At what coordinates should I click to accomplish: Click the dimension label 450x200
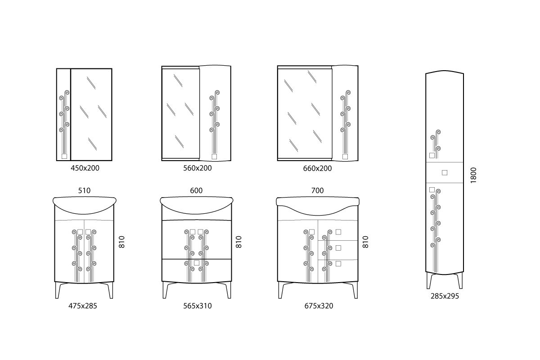click(x=85, y=168)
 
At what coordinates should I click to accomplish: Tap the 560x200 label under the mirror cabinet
click(x=198, y=168)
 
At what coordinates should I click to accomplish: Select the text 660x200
click(x=317, y=168)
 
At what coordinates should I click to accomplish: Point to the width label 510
click(x=85, y=191)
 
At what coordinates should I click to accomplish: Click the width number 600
click(x=196, y=190)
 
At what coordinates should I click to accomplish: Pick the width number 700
click(x=317, y=190)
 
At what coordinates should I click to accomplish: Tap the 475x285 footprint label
click(x=83, y=306)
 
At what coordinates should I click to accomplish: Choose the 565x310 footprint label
click(x=198, y=306)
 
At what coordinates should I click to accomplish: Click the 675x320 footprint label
click(x=319, y=306)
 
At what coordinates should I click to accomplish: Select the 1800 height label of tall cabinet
click(x=473, y=175)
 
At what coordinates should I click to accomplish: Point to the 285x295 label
click(x=445, y=296)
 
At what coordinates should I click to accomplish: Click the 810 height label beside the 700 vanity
click(x=365, y=242)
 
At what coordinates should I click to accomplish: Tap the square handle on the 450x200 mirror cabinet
click(x=64, y=156)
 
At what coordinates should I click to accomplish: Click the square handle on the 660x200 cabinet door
click(x=345, y=157)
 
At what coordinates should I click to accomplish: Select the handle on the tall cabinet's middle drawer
click(x=445, y=173)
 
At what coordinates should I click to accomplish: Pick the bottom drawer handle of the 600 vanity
click(x=197, y=263)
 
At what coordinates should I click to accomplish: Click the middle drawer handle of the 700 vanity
click(x=338, y=248)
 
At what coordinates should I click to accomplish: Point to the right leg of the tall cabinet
click(x=460, y=281)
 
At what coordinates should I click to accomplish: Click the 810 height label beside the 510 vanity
click(x=122, y=242)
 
